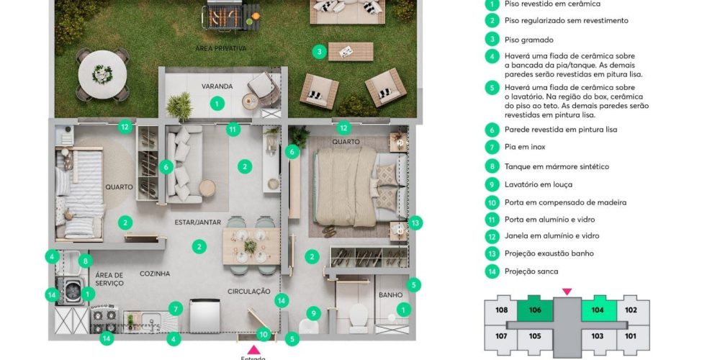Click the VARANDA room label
pyautogui.click(x=217, y=86)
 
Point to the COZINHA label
pyautogui.click(x=155, y=274)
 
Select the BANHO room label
pyautogui.click(x=390, y=294)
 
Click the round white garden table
pyautogui.click(x=102, y=74)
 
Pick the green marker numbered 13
pyautogui.click(x=415, y=223)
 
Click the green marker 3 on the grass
pyautogui.click(x=319, y=51)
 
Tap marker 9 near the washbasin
pyautogui.click(x=313, y=314)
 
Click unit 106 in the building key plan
pyautogui.click(x=535, y=310)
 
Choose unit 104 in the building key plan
pyautogui.click(x=598, y=310)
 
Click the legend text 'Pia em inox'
pyautogui.click(x=525, y=147)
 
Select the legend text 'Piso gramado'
pyautogui.click(x=529, y=40)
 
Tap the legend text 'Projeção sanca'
pyautogui.click(x=531, y=271)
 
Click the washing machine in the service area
pyautogui.click(x=71, y=291)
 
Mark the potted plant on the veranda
pyautogui.click(x=179, y=107)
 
